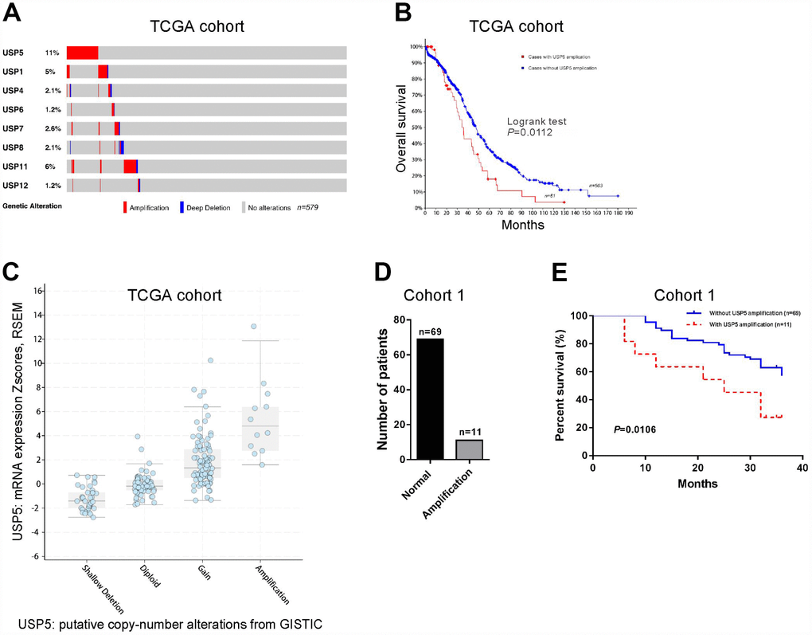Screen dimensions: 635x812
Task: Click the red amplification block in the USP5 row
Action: tap(82, 53)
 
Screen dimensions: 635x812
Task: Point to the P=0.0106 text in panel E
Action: tap(634, 430)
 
